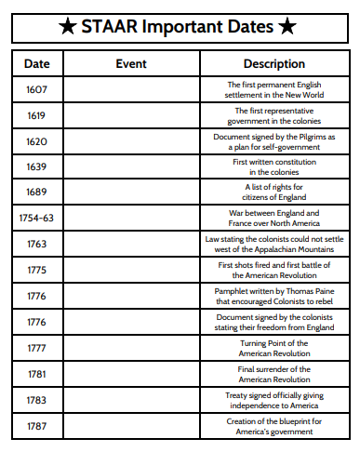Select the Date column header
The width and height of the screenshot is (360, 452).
pyautogui.click(x=36, y=64)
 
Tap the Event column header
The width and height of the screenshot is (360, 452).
pyautogui.click(x=130, y=64)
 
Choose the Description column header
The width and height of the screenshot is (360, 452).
pyautogui.click(x=273, y=64)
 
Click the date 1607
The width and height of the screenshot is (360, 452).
pyautogui.click(x=36, y=90)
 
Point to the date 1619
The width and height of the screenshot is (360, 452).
pyautogui.click(x=36, y=116)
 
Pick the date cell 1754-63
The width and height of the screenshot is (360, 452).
pyautogui.click(x=36, y=219)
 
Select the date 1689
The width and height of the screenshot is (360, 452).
pyautogui.click(x=36, y=193)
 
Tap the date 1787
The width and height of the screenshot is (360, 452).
pyautogui.click(x=36, y=426)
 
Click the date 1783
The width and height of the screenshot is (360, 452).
pyautogui.click(x=36, y=400)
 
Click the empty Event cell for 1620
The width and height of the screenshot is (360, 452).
pyautogui.click(x=130, y=141)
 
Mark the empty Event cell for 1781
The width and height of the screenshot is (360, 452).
pyautogui.click(x=130, y=374)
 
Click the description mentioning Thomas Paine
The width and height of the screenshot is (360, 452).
pyautogui.click(x=273, y=296)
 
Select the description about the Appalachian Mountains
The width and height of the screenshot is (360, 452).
pyautogui.click(x=273, y=245)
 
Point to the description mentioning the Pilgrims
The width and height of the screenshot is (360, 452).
pyautogui.click(x=273, y=141)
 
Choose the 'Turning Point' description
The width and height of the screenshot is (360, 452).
pyautogui.click(x=273, y=348)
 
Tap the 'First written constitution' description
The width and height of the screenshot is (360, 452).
pyautogui.click(x=273, y=167)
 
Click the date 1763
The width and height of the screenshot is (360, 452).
pyautogui.click(x=36, y=245)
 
